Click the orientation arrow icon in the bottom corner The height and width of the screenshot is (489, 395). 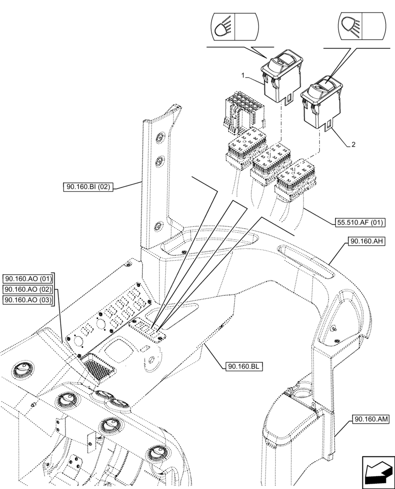(377, 471)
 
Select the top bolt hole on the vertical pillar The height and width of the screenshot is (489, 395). (159, 138)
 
